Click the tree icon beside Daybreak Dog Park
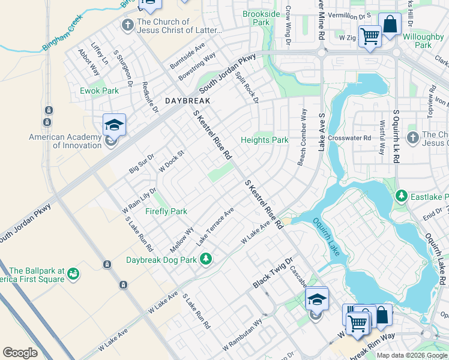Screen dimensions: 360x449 (x=206, y=259)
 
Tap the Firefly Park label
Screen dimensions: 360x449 (x=166, y=211)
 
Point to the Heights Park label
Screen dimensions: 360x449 (x=265, y=140)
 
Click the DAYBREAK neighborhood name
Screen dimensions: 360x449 (x=188, y=101)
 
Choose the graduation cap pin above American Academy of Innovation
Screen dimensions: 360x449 (x=114, y=125)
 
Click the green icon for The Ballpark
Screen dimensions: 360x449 (x=74, y=274)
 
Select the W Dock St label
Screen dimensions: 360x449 (x=170, y=163)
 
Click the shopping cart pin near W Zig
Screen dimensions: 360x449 (x=369, y=36)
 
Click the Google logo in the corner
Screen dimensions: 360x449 (x=20, y=352)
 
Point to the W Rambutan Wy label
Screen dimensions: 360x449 (x=243, y=338)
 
